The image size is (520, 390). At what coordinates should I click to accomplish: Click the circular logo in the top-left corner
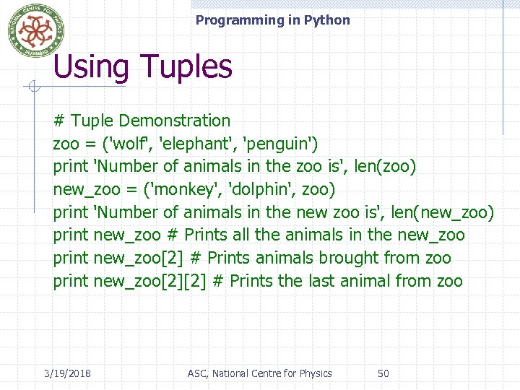click(x=36, y=30)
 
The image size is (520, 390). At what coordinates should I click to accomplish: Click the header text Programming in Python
click(x=272, y=20)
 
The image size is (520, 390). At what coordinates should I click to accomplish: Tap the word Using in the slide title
click(x=90, y=67)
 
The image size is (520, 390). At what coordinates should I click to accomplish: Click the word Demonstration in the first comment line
click(x=174, y=121)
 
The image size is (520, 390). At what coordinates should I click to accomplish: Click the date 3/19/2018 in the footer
click(x=67, y=373)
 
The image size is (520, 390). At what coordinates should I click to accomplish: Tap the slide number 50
click(x=383, y=373)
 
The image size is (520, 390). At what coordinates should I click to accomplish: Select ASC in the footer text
click(x=196, y=373)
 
